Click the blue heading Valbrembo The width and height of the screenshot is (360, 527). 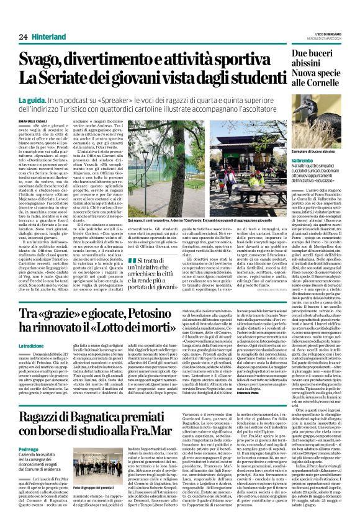(x=304, y=160)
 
